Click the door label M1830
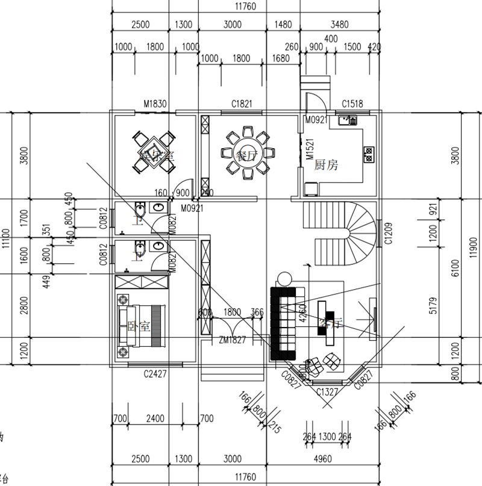click(154, 104)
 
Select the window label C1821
click(242, 104)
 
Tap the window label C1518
click(352, 104)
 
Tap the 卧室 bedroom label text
click(139, 326)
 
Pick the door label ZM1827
click(232, 341)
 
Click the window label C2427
click(155, 374)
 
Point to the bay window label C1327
click(328, 391)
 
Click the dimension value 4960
click(323, 460)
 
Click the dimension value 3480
click(340, 25)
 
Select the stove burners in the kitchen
click(368, 154)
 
